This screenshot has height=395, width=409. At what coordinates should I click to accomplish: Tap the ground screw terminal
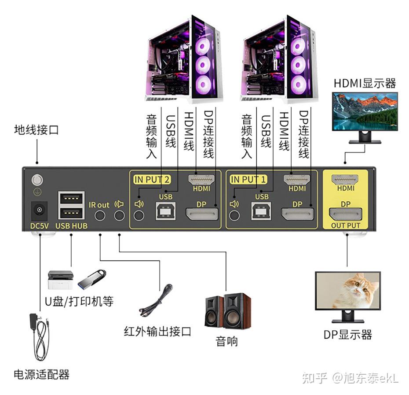(x=37, y=180)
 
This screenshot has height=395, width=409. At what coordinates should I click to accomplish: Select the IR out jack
(x=100, y=215)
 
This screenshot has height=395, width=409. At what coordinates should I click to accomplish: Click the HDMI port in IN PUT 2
(x=201, y=179)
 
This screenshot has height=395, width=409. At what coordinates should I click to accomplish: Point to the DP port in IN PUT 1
(x=298, y=215)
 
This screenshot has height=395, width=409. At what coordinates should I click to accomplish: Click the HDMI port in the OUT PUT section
(x=345, y=179)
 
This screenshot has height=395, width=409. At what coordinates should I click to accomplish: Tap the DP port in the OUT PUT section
(x=345, y=215)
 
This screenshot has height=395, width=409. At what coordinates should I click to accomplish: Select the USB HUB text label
(x=71, y=226)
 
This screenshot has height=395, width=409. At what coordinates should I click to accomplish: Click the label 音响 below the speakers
(x=227, y=341)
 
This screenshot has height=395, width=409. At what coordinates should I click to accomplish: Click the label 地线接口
(x=36, y=130)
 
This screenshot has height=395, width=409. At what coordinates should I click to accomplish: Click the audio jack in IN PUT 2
(x=139, y=215)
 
